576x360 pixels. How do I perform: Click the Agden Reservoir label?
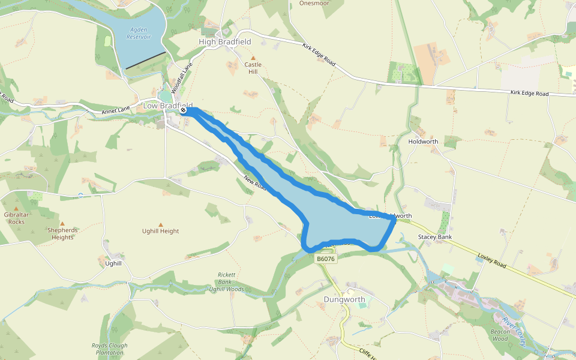(139, 32)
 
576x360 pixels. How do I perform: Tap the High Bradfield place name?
(224, 42)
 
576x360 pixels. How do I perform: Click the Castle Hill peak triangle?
(253, 58)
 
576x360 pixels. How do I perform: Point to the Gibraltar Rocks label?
(16, 218)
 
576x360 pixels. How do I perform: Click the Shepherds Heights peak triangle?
(62, 224)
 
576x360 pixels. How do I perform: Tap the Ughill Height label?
(160, 231)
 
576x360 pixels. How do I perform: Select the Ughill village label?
(113, 263)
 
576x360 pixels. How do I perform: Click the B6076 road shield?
(325, 259)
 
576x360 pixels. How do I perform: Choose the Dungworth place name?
(344, 299)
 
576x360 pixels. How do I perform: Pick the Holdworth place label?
(423, 142)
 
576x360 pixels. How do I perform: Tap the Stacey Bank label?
(435, 238)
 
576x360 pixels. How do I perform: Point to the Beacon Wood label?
(500, 335)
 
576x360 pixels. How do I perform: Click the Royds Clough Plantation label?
(109, 349)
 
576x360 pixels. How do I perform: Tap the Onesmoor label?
(314, 3)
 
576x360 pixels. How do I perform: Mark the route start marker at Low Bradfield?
(184, 110)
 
